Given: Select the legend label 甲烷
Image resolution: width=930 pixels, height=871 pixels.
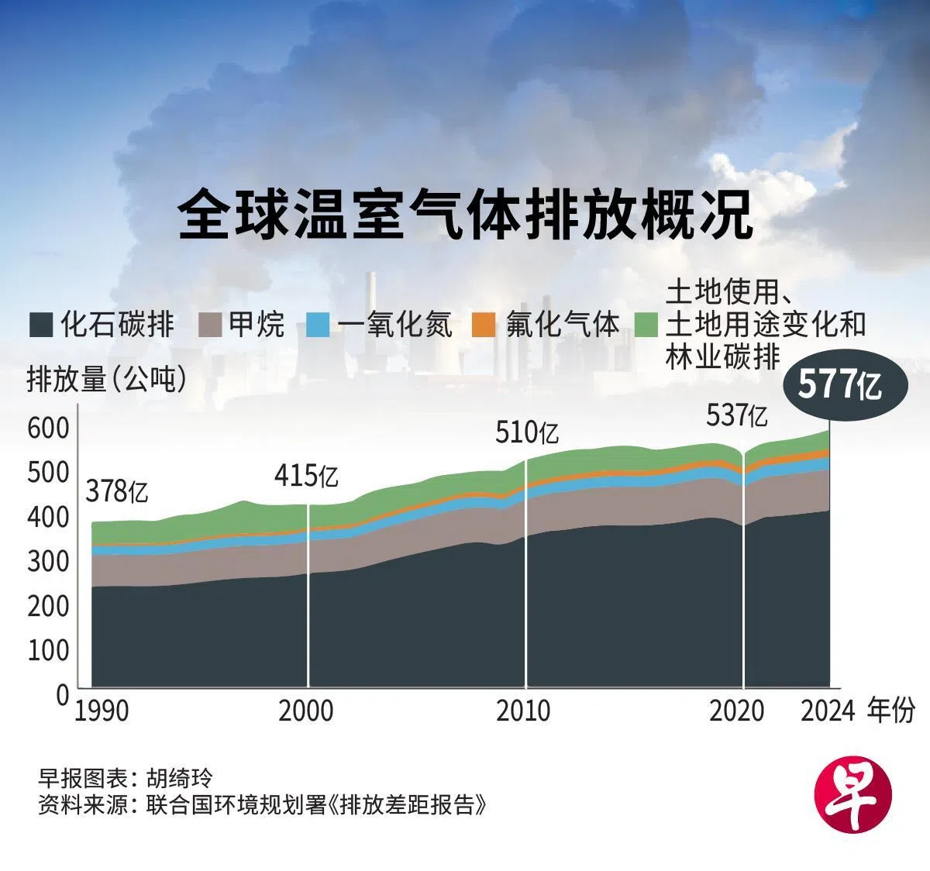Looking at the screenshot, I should [x=257, y=324].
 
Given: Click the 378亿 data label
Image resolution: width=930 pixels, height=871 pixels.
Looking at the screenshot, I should [x=116, y=491].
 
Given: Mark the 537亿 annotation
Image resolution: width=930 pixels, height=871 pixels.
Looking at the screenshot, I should [x=737, y=416].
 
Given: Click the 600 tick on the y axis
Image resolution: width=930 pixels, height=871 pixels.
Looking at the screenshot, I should [x=48, y=427].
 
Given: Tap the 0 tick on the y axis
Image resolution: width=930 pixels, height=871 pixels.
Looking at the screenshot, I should [x=62, y=694].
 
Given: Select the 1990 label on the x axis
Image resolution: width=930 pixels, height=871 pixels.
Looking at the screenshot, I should [x=101, y=710].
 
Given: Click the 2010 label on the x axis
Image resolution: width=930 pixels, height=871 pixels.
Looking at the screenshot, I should [x=523, y=710].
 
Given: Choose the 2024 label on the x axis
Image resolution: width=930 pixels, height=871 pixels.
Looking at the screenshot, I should [x=828, y=710].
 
